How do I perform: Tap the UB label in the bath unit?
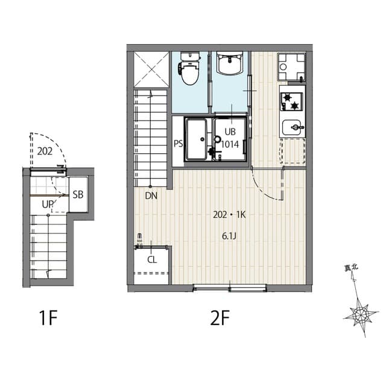(x=230, y=132)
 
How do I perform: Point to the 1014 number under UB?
(x=230, y=144)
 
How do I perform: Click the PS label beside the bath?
(x=179, y=144)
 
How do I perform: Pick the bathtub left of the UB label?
(x=197, y=139)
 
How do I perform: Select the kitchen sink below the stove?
(x=293, y=127)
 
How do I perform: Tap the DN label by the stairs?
(x=151, y=195)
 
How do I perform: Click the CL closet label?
(x=152, y=259)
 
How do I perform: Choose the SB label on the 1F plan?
(x=78, y=194)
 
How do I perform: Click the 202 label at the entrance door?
(x=45, y=152)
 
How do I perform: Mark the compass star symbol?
(x=360, y=314)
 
